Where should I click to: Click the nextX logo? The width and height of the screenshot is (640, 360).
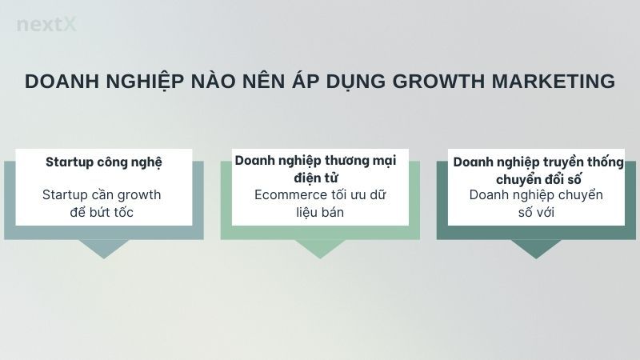tap(46, 25)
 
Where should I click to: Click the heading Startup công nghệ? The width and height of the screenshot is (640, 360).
tap(104, 162)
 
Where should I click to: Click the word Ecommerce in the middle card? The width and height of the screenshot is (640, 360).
tap(287, 194)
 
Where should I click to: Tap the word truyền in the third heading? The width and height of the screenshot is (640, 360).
tap(550, 162)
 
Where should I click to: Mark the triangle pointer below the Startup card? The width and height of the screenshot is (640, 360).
tap(104, 249)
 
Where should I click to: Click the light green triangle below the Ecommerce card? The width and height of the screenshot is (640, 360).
tap(320, 249)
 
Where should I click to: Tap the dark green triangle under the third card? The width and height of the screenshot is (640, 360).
tap(536, 249)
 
